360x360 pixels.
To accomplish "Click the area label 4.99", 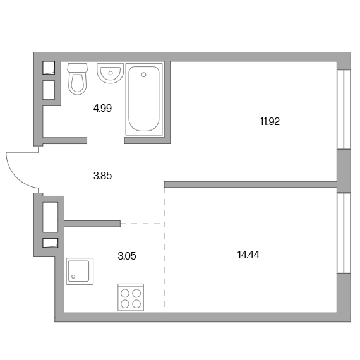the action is pos(102,108).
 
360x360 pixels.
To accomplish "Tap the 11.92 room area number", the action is pos(270,121).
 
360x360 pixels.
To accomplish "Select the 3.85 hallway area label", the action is pos(102,176).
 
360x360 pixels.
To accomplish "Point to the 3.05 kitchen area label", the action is pos(127,256).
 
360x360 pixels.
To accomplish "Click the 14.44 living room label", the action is pos(248,255).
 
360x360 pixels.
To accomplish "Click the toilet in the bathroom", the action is pos(78,79).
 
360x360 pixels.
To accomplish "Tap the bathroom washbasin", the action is pos(110,73).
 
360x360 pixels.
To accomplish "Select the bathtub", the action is pos(144,99).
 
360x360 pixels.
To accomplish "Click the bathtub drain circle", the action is pos(144,75).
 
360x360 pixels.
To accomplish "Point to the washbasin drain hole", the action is pos(111,73).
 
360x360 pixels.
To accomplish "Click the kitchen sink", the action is pos(80,271).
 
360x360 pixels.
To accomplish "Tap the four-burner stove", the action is pos(131,297).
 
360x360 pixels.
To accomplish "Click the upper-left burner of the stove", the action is pos(125,293).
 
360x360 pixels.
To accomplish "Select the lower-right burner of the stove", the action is pos(136,304).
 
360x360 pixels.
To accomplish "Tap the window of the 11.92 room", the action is pos(344,109).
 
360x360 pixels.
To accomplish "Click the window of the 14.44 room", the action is pos(344,233).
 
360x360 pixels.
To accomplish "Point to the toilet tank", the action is pos(78,68).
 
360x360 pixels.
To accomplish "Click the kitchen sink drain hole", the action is pos(73,277).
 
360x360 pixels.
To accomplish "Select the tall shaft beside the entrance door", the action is pos(51,217).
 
